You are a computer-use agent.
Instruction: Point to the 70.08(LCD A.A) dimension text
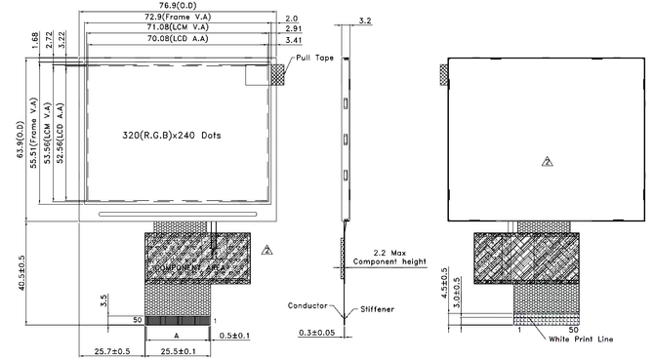tap(177, 40)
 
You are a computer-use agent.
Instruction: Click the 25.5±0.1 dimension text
tap(179, 350)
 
